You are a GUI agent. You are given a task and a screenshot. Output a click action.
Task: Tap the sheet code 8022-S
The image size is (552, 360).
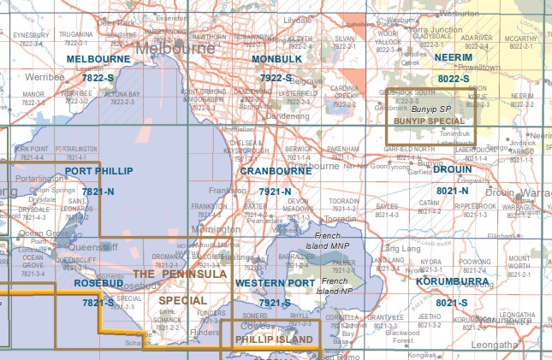point(454,79)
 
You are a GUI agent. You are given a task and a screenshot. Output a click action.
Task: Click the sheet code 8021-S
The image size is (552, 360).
point(452,303)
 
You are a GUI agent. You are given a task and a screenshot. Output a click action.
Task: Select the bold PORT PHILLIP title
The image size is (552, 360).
point(98,171)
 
